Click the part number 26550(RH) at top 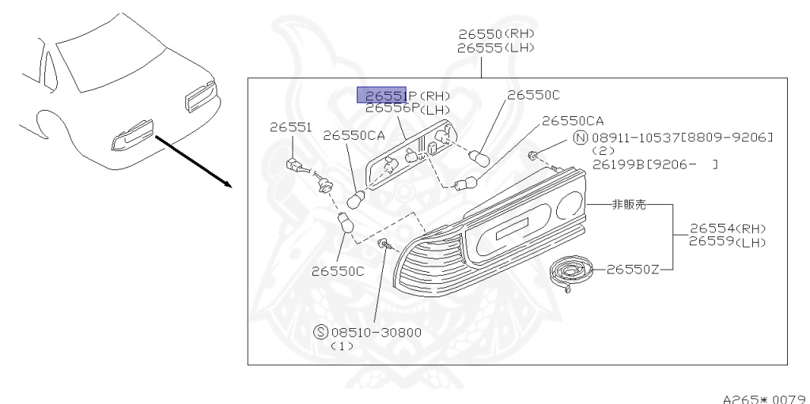(496, 34)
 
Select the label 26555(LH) (496, 47)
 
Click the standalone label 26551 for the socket (290, 126)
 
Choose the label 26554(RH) (727, 228)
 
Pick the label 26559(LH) (727, 241)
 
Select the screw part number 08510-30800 (375, 332)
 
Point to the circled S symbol (321, 332)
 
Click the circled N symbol (580, 138)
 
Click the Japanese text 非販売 (629, 205)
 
